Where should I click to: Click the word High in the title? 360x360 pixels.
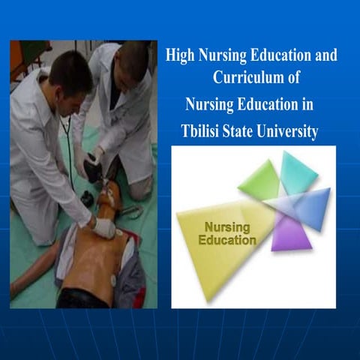[179, 56]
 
